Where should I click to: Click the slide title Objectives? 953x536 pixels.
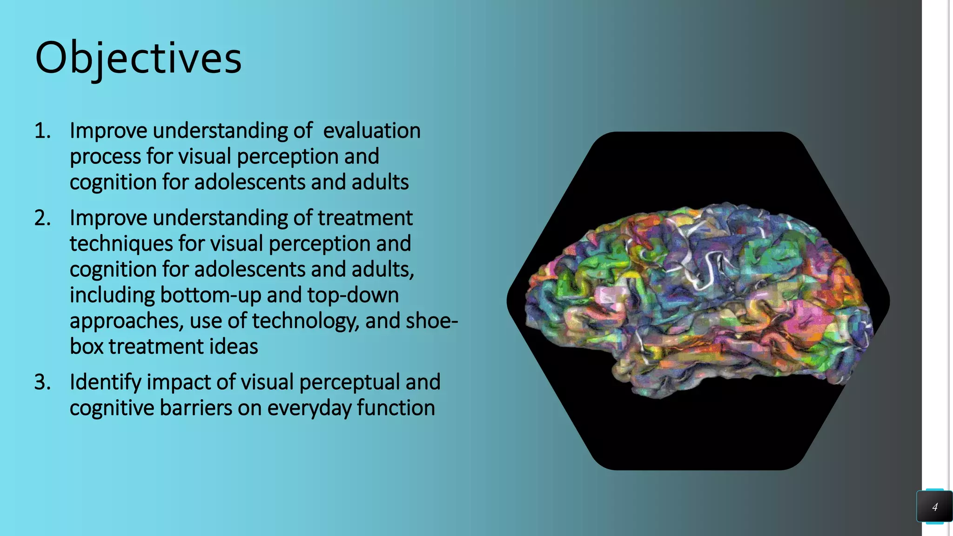click(138, 58)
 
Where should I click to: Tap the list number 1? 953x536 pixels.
click(42, 131)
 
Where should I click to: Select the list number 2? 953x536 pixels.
click(42, 218)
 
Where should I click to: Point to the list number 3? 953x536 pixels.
click(42, 382)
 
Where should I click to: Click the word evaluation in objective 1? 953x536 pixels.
click(372, 131)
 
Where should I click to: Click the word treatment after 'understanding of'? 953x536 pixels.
click(365, 218)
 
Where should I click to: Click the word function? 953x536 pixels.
click(396, 408)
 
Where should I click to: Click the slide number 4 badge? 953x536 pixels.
click(934, 507)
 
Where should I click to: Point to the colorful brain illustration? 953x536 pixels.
click(698, 300)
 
